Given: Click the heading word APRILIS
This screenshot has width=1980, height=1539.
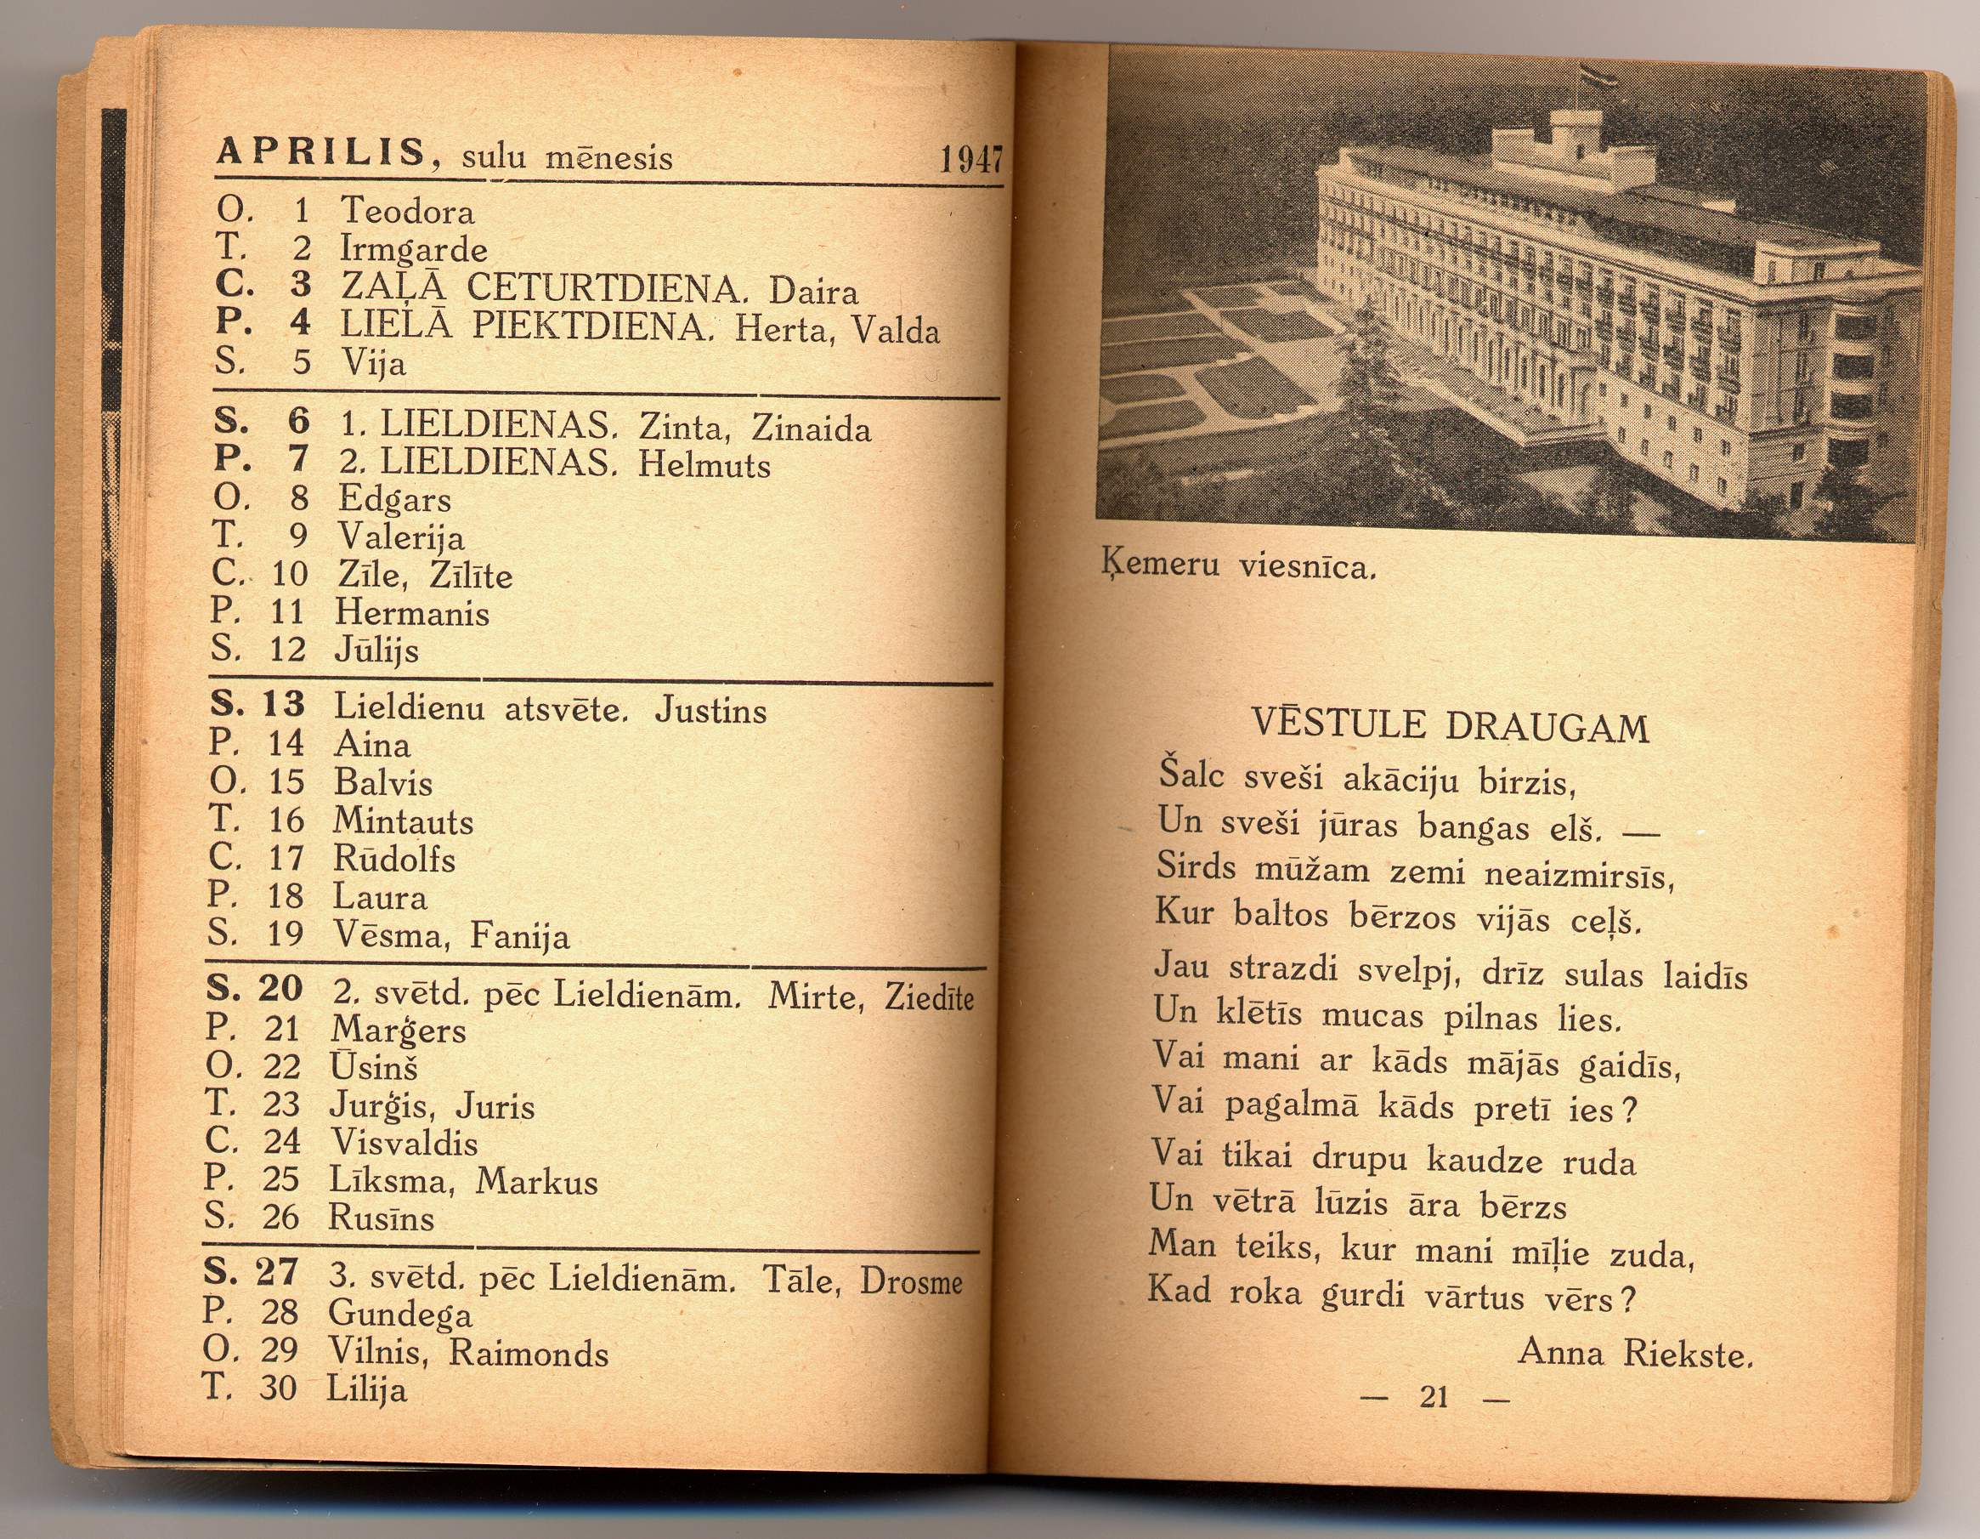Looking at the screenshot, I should coord(320,152).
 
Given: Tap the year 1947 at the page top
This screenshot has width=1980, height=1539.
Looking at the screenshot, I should coord(970,162).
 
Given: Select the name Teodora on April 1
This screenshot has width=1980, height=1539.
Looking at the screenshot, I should coord(407,212).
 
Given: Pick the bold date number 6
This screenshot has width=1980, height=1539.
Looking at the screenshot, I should coord(298,421).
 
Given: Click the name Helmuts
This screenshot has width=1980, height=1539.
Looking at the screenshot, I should coord(704,464).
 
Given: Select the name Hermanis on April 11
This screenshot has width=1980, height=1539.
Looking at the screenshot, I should coord(411,613).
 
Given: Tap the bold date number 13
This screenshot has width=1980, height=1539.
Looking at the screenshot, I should coord(284,704).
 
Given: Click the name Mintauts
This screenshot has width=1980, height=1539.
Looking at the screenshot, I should coord(403,821).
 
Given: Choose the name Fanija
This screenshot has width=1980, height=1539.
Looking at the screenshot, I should coord(519,936).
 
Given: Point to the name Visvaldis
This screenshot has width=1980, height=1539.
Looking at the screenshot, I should coord(404,1143).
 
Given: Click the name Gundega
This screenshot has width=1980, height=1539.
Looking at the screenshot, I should coord(399,1313).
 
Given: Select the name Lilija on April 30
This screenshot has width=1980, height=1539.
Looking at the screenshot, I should coord(366,1389).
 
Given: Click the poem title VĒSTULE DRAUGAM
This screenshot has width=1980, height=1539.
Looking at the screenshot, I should coord(1450,726).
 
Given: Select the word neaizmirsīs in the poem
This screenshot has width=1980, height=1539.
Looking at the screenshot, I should coord(1578,873).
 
